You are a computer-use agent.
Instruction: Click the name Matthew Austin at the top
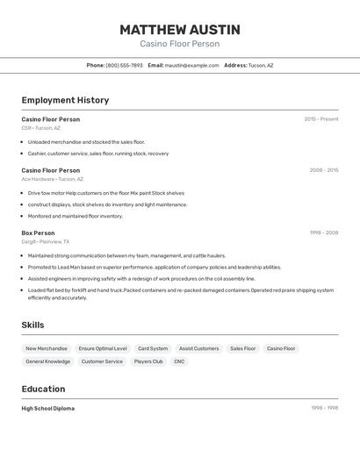179,30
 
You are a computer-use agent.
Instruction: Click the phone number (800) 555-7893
124,65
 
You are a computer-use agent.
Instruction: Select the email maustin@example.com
191,65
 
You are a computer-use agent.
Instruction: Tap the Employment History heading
65,100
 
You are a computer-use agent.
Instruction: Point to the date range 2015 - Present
320,119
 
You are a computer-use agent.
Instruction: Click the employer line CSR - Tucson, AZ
41,128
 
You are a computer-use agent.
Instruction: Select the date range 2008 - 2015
323,170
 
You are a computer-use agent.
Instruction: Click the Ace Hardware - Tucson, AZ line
53,179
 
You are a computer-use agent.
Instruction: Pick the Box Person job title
38,232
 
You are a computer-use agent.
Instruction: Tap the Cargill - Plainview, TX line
46,241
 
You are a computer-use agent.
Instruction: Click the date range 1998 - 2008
323,232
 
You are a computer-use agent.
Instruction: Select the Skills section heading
32,325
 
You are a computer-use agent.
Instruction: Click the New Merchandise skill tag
47,348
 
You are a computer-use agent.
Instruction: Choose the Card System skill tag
153,348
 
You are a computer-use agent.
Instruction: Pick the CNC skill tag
179,361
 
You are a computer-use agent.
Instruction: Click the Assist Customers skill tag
199,348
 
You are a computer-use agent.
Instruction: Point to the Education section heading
43,389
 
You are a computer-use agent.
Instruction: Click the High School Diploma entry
48,408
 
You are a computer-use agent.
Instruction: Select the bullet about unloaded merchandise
86,141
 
